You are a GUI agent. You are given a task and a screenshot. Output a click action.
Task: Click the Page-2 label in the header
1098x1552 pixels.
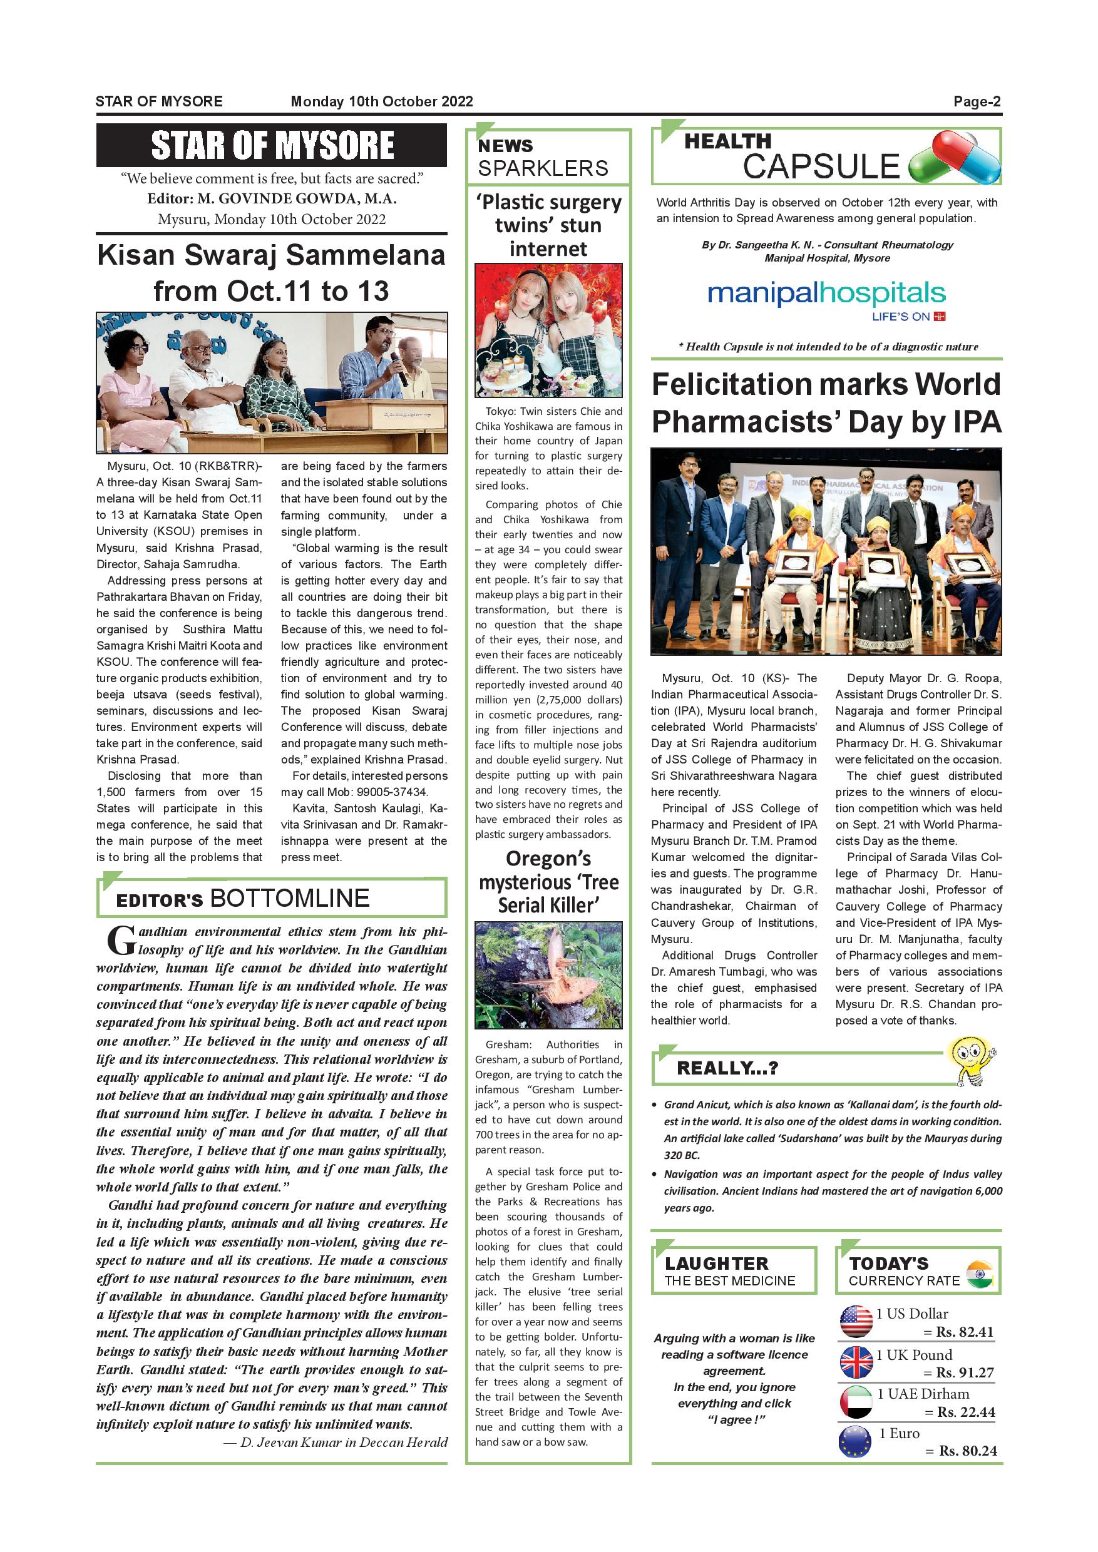977,101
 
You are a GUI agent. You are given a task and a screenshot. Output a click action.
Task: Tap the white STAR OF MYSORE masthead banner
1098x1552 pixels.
272,145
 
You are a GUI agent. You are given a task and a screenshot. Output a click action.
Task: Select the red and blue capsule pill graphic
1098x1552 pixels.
954,157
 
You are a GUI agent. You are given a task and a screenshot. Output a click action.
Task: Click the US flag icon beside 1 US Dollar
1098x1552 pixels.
856,1322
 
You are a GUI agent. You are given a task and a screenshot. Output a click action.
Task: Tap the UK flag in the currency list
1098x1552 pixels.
856,1362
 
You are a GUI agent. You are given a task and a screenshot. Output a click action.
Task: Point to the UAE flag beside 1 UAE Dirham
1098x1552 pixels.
856,1402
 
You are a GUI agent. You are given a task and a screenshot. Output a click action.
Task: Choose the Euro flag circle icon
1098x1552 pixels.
854,1441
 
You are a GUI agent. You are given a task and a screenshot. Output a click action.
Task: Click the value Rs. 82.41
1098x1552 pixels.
965,1332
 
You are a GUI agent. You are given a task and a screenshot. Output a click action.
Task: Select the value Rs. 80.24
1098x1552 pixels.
968,1451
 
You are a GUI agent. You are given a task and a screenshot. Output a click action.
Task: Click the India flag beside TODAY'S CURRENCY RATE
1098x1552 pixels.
980,1274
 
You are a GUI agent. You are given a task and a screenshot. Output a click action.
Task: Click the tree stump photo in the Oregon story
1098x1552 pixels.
548,976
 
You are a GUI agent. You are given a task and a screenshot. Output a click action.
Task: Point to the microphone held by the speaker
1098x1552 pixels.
398,368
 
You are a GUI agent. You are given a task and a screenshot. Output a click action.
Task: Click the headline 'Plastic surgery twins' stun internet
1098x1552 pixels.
548,225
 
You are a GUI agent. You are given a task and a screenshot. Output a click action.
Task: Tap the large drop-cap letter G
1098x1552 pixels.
121,940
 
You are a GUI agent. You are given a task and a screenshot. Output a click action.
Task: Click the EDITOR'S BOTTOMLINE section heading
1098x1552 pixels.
243,899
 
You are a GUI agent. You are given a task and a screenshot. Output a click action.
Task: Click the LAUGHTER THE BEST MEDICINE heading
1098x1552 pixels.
729,1272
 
